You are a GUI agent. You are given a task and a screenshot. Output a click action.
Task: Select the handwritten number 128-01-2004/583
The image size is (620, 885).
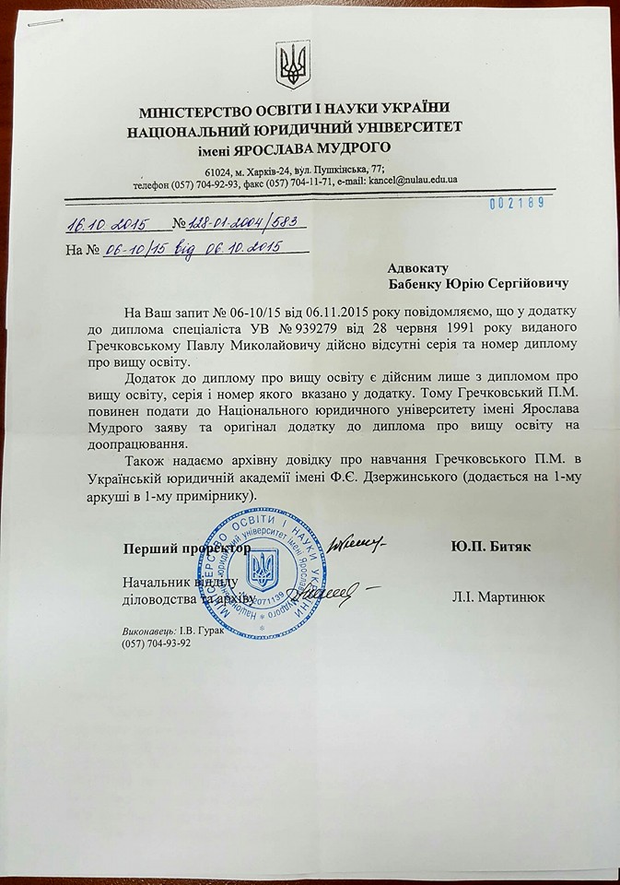pos(244,225)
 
